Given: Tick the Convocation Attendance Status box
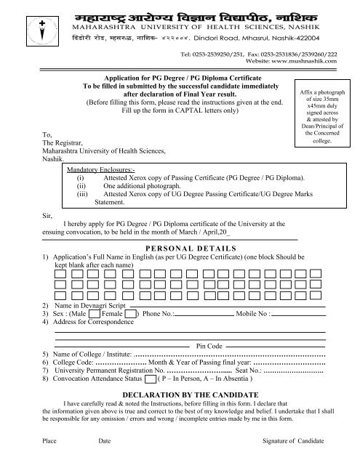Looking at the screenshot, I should tap(149, 379).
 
